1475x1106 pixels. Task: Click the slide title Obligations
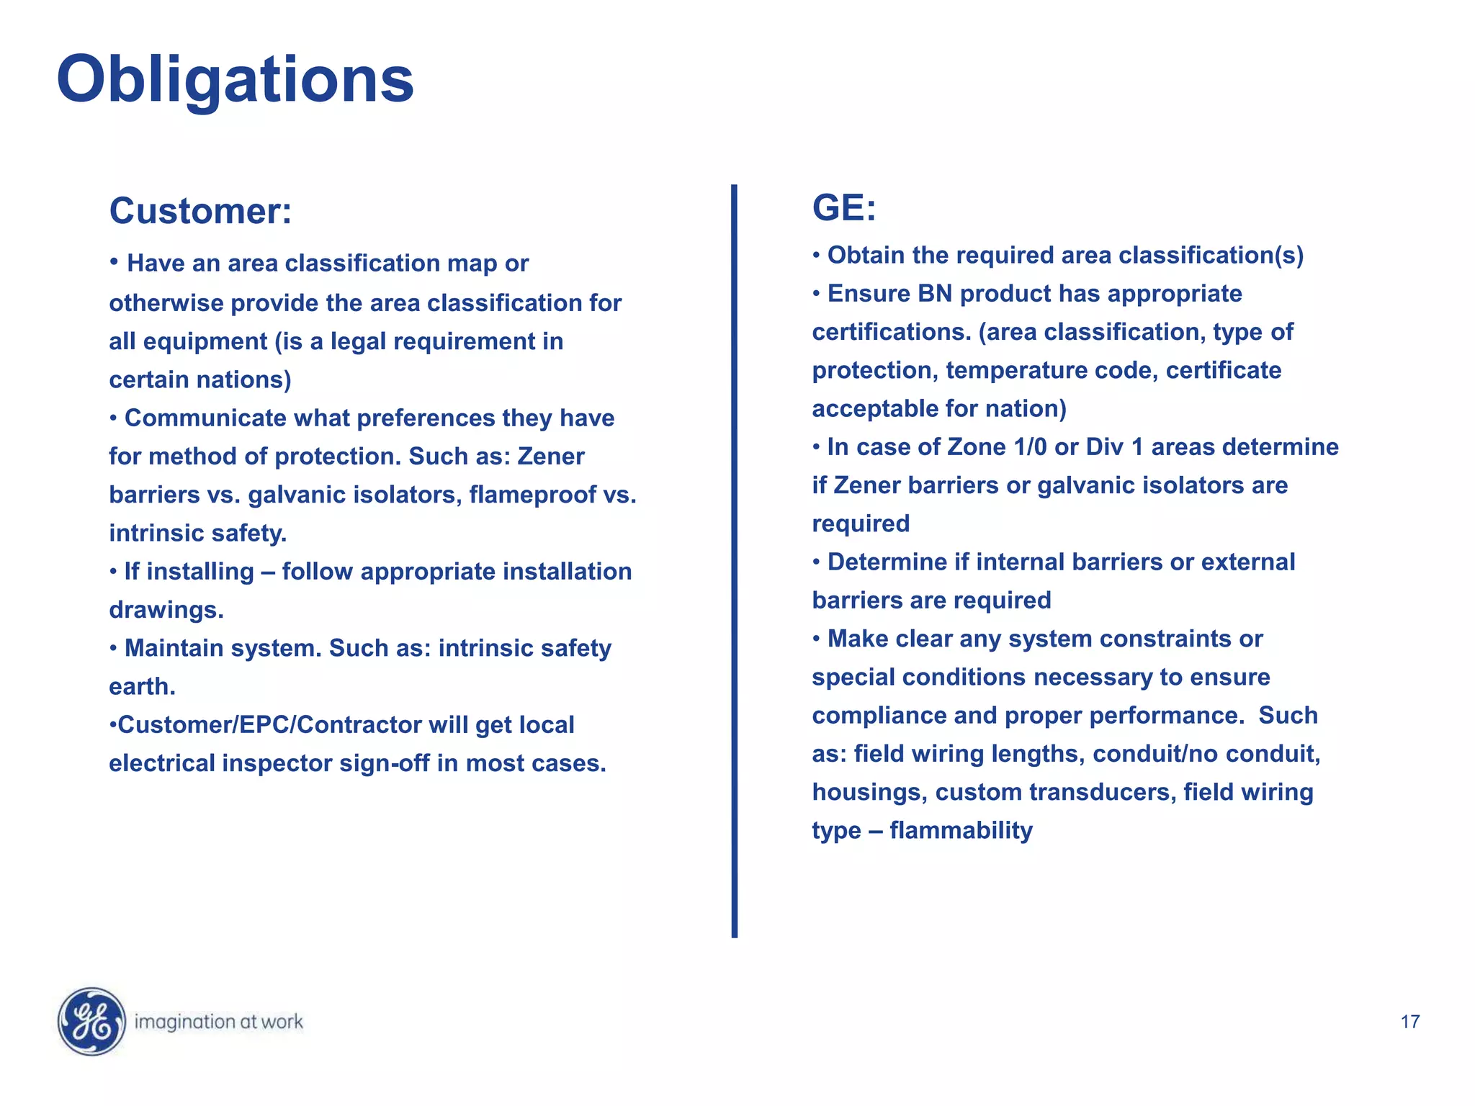pyautogui.click(x=235, y=80)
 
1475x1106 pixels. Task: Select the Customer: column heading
pyautogui.click(x=200, y=212)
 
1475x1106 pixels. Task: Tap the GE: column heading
pyautogui.click(x=844, y=208)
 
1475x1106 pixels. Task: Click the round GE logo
pyautogui.click(x=91, y=1021)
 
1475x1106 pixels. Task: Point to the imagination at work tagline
pyautogui.click(x=219, y=1022)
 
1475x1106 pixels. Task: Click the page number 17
pyautogui.click(x=1410, y=1022)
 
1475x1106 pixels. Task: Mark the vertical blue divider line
pyautogui.click(x=734, y=562)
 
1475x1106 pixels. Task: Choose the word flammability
pyautogui.click(x=961, y=830)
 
